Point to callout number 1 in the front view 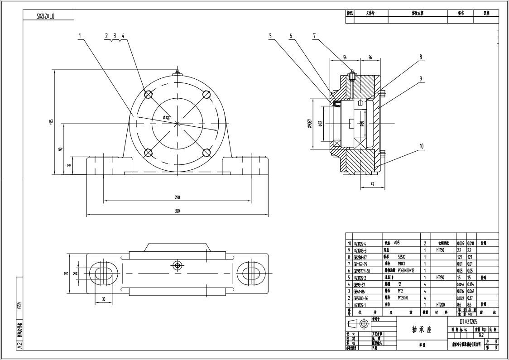tap(80, 35)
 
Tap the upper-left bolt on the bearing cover tap(148, 94)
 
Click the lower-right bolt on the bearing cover tap(206, 152)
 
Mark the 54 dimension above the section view tap(345, 58)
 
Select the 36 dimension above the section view tap(370, 58)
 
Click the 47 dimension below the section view tap(372, 185)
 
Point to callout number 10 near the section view tap(422, 146)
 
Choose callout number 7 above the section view tap(314, 35)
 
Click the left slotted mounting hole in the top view tap(103, 273)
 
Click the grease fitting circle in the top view tap(177, 265)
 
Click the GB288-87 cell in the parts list tap(361, 257)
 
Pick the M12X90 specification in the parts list tap(405, 298)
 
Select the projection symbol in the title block tap(358, 324)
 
